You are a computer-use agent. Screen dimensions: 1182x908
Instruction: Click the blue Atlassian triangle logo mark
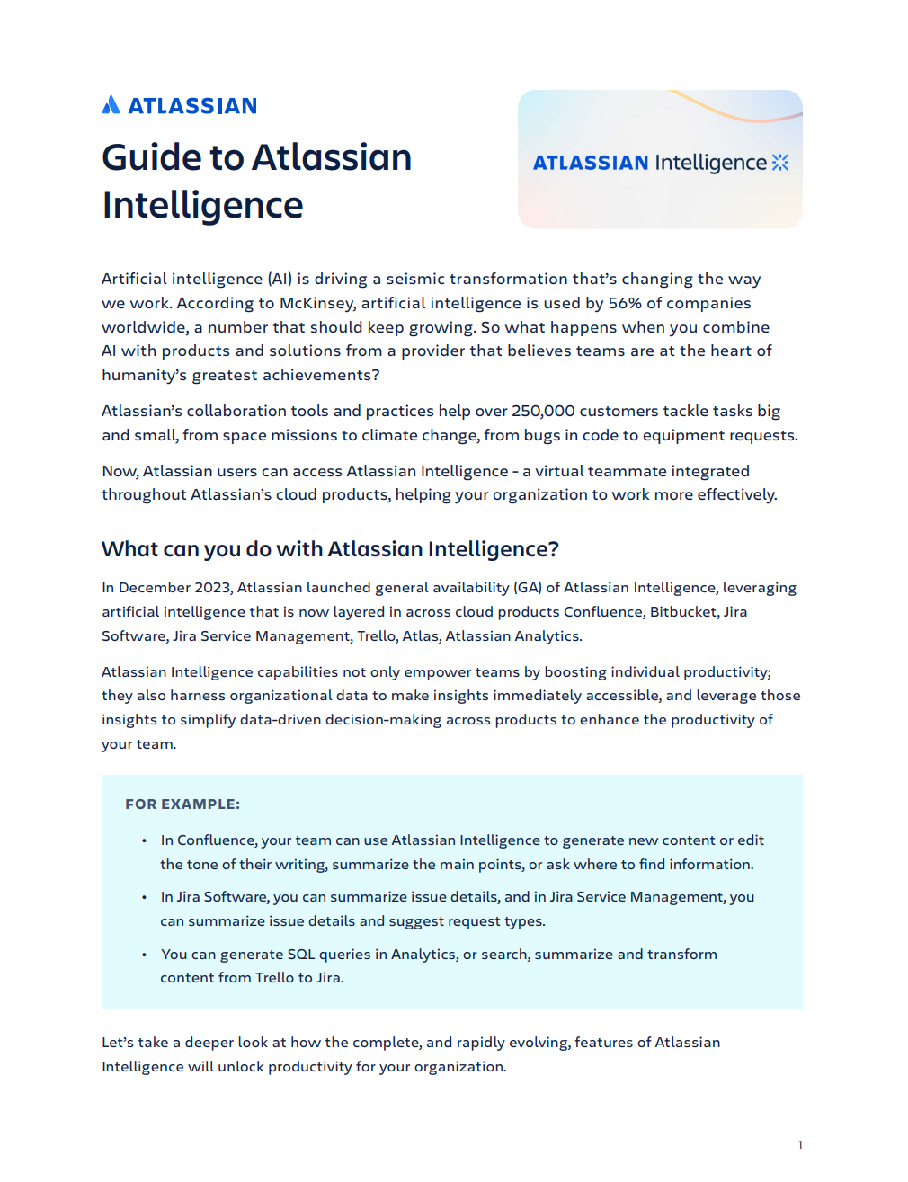[111, 105]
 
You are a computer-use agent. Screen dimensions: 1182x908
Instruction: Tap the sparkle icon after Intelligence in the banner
[780, 163]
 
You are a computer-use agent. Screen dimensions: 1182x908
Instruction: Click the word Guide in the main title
[151, 158]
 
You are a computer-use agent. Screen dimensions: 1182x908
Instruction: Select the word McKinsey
[316, 303]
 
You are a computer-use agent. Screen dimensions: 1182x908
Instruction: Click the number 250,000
[543, 411]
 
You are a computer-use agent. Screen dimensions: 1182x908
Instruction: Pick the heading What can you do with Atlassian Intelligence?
[330, 549]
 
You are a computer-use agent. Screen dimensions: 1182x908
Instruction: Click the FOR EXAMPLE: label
[182, 804]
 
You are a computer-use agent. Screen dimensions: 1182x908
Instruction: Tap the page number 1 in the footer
[800, 1144]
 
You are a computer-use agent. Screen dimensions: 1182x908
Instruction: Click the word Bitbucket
[683, 612]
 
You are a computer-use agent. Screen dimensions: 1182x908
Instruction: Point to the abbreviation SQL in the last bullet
[300, 955]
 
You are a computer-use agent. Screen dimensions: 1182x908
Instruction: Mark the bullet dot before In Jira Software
[144, 897]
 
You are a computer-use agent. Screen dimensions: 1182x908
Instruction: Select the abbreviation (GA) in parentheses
[528, 588]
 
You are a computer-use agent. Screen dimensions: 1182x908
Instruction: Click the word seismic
[415, 279]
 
